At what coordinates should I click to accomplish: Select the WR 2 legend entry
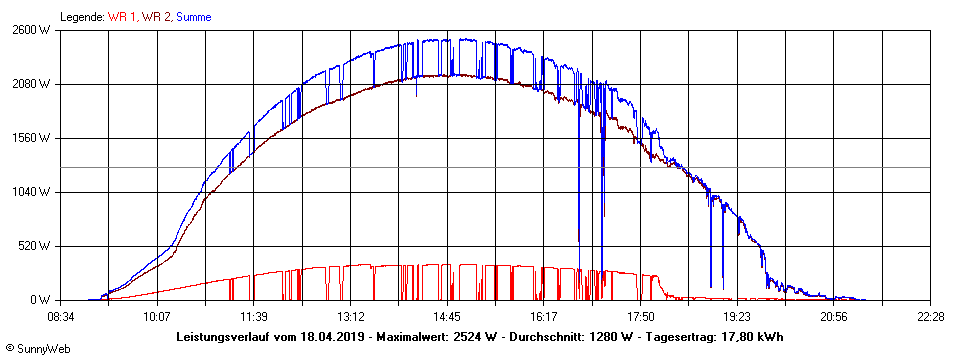pyautogui.click(x=157, y=17)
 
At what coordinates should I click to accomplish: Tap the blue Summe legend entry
pyautogui.click(x=194, y=17)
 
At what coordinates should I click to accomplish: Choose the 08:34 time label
pyautogui.click(x=61, y=317)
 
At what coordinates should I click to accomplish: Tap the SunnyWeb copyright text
pyautogui.click(x=37, y=351)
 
